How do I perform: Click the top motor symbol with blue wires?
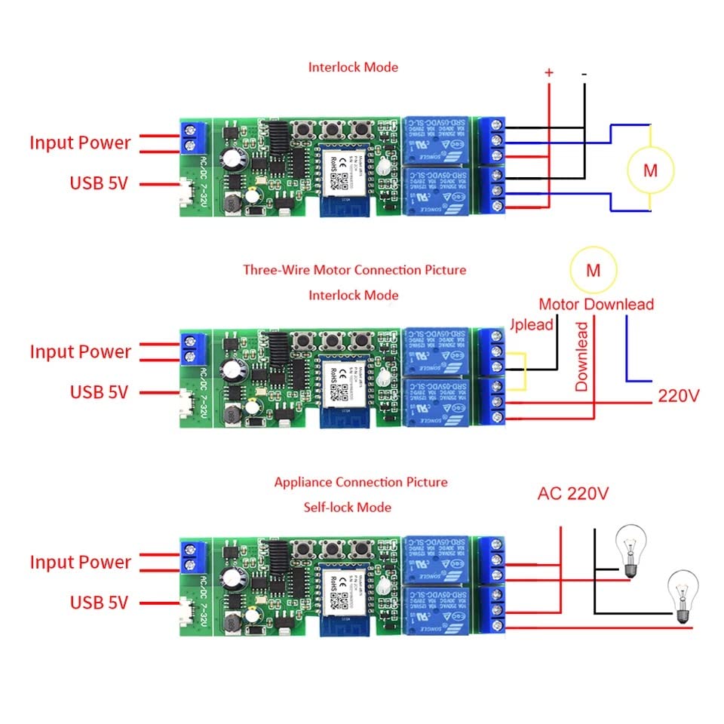650,170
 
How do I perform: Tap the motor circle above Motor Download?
593,269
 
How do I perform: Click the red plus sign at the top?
549,72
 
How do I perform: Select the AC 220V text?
573,494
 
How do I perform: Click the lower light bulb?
683,596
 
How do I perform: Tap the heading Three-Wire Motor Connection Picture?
354,269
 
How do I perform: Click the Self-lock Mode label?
348,507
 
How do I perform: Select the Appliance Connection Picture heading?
360,482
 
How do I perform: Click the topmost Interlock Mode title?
353,66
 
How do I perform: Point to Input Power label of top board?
80,143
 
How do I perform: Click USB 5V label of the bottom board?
99,603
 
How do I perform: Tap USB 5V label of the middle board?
99,392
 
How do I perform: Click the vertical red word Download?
581,356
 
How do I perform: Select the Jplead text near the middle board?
532,324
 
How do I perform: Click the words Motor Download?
596,305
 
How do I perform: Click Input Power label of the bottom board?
80,562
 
